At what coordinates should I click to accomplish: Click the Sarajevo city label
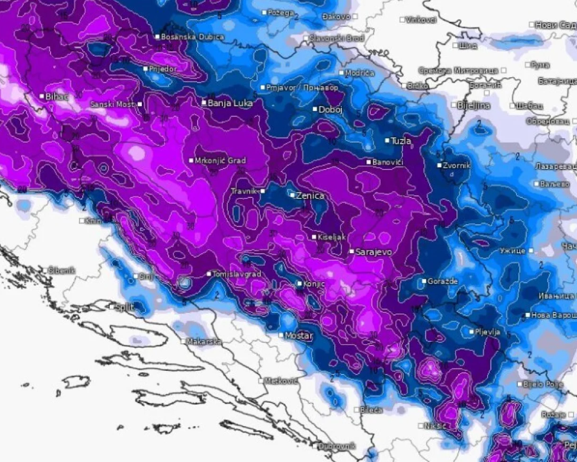(374, 253)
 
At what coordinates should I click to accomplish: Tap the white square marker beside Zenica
(292, 195)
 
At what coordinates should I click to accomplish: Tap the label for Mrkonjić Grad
(220, 161)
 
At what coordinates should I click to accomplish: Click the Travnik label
(244, 191)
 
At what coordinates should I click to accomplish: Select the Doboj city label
(331, 110)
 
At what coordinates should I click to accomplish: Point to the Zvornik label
(457, 166)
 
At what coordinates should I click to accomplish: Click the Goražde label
(443, 282)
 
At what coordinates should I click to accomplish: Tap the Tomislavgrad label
(236, 274)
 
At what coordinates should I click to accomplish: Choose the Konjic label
(314, 284)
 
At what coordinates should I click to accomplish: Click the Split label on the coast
(125, 307)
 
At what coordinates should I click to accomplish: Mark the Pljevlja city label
(488, 332)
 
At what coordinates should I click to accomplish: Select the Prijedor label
(164, 69)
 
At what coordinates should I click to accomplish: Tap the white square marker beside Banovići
(369, 163)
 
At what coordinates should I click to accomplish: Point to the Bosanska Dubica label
(193, 37)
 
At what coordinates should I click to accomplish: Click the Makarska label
(204, 342)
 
